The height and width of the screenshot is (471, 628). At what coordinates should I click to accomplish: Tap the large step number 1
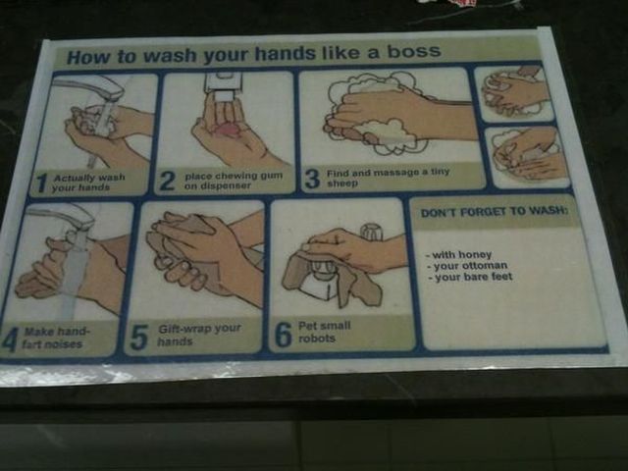pyautogui.click(x=40, y=183)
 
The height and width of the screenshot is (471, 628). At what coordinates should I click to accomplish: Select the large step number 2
pyautogui.click(x=167, y=181)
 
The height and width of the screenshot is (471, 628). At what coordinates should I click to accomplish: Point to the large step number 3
pyautogui.click(x=312, y=179)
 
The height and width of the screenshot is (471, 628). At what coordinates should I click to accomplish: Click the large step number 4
pyautogui.click(x=9, y=340)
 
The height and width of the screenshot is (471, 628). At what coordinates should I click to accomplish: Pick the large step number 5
pyautogui.click(x=139, y=338)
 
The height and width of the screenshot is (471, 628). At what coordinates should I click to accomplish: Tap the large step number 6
pyautogui.click(x=284, y=335)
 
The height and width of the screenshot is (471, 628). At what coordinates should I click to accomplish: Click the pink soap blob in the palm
pyautogui.click(x=227, y=131)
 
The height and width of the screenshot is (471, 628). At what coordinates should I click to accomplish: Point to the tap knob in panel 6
pyautogui.click(x=371, y=232)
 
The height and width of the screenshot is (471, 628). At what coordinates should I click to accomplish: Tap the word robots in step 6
pyautogui.click(x=317, y=339)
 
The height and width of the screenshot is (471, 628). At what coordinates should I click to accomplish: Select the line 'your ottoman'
pyautogui.click(x=467, y=266)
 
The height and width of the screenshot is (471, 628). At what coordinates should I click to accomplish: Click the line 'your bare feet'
pyautogui.click(x=470, y=277)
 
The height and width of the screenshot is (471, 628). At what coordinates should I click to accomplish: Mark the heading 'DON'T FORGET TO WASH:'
pyautogui.click(x=495, y=211)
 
